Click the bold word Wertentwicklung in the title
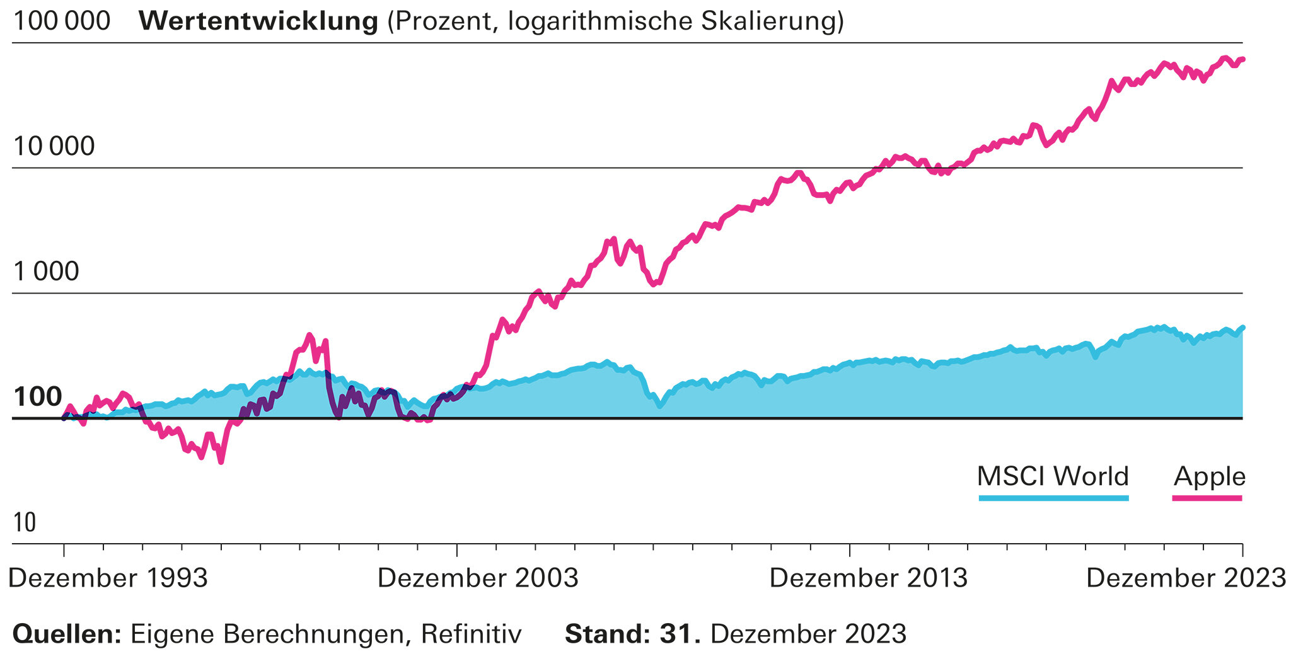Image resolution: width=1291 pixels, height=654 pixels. click(258, 21)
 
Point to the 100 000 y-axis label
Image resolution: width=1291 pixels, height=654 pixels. click(61, 21)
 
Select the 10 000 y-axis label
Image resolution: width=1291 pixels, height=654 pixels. click(54, 146)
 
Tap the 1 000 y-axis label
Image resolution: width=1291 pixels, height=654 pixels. click(46, 272)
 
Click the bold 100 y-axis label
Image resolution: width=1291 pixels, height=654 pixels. click(37, 397)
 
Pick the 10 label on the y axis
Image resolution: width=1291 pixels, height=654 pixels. click(25, 522)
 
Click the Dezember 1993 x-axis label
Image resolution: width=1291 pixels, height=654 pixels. click(108, 578)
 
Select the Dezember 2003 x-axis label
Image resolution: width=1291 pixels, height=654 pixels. click(478, 578)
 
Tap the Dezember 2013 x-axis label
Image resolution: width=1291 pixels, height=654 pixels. click(869, 578)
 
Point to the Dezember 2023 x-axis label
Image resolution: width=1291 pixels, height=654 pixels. click(1186, 578)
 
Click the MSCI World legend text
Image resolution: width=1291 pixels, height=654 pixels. click(1052, 476)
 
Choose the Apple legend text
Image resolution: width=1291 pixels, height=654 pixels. click(1209, 476)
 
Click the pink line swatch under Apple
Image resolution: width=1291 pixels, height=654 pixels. click(1207, 498)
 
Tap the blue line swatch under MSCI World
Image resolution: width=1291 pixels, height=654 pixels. click(1053, 498)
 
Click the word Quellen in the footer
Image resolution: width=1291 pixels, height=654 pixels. click(66, 634)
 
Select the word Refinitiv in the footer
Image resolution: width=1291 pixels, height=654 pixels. click(471, 634)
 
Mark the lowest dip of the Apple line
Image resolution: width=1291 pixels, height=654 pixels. click(221, 462)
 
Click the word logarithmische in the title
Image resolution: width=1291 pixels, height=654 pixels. click(600, 21)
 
